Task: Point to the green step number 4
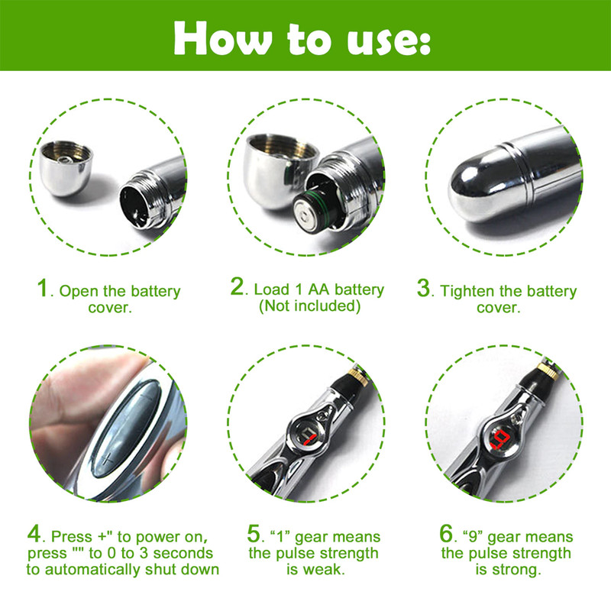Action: coord(34,532)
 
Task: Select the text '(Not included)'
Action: coord(309,307)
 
